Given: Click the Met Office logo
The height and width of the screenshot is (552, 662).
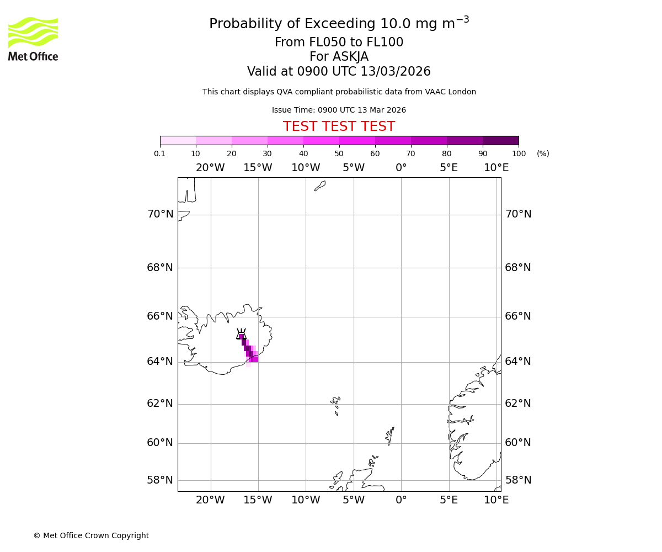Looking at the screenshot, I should coord(33,39).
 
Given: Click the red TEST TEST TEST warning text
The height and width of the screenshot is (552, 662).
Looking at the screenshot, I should coord(339,127).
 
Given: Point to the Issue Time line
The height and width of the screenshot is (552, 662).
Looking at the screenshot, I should coord(339,110).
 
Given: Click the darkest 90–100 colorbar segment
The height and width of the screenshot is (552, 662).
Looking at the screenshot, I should coord(500,140).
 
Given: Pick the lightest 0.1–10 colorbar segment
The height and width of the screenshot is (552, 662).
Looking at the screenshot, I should coord(178,140).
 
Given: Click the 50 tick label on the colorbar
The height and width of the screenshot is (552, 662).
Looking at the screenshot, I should coord(339,154).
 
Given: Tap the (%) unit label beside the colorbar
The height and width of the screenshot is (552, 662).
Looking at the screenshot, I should coord(543,154).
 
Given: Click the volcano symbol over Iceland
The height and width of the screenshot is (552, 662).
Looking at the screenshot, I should coord(241,335).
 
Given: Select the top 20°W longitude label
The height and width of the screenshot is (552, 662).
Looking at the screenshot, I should coord(210,168).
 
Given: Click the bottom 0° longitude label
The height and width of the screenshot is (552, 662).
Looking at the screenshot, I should coord(401,500).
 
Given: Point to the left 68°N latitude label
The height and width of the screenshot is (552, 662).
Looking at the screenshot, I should coord(160,268).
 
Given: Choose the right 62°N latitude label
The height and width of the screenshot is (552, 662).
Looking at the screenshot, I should coord(518,404).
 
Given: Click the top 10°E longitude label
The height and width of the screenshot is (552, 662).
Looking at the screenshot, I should coord(496,168).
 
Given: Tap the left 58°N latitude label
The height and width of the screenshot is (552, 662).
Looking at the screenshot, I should coord(160,480).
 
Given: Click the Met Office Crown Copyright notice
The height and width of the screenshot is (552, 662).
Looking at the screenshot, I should coord(91,536).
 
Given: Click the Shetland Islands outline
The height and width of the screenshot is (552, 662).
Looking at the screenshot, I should coord(389,435).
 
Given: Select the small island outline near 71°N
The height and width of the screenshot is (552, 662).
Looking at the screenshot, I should coord(320,186).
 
